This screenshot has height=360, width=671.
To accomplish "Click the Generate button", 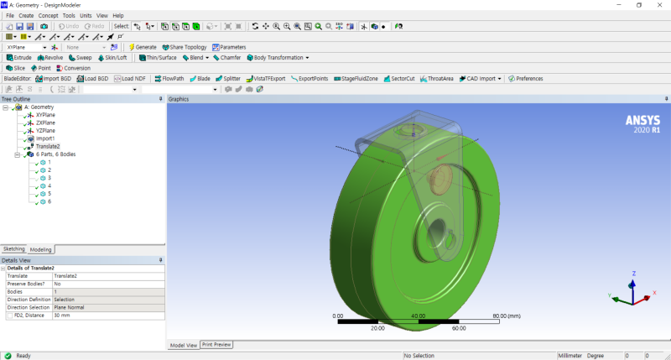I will pyautogui.click(x=142, y=47).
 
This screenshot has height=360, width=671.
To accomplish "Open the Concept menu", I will pyautogui.click(x=48, y=16).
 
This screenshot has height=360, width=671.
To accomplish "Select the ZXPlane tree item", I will pyautogui.click(x=45, y=123).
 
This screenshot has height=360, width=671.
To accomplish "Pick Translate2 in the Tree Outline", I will pyautogui.click(x=47, y=146).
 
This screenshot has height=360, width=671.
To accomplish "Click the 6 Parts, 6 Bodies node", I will pyautogui.click(x=55, y=154).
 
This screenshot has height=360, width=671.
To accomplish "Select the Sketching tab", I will pyautogui.click(x=14, y=249).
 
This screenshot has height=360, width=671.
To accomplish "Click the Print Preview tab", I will pyautogui.click(x=216, y=345).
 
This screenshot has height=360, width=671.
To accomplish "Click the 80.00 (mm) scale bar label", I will pyautogui.click(x=507, y=316).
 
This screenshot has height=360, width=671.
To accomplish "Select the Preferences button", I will pyautogui.click(x=524, y=78).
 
